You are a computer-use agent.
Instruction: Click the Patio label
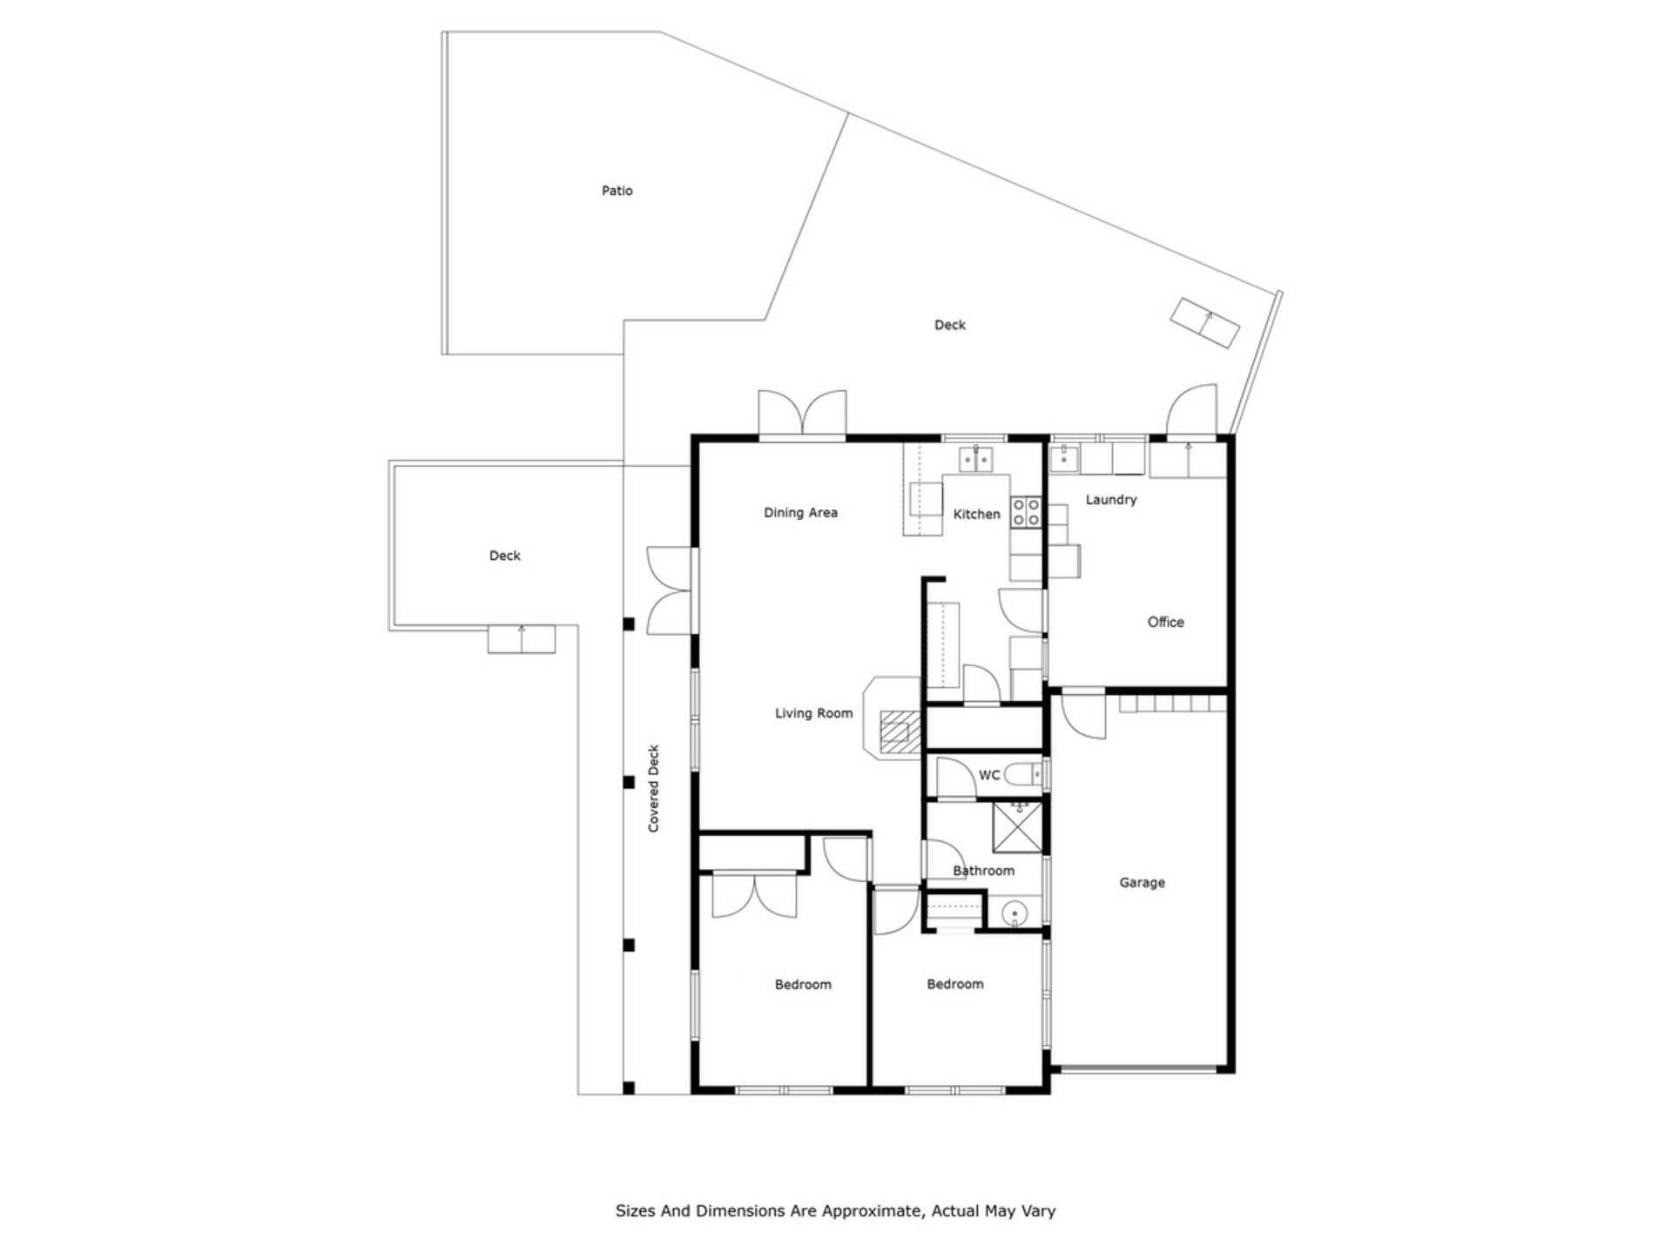pyautogui.click(x=617, y=191)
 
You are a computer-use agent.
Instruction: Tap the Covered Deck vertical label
pyautogui.click(x=654, y=788)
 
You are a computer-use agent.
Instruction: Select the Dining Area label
pyautogui.click(x=800, y=513)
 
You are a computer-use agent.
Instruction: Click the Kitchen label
pyautogui.click(x=976, y=515)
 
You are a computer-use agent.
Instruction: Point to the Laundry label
pyautogui.click(x=1110, y=500)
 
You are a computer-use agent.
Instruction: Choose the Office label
pyautogui.click(x=1165, y=622)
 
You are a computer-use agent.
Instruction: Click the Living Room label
pyautogui.click(x=813, y=713)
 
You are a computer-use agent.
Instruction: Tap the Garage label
pyautogui.click(x=1142, y=882)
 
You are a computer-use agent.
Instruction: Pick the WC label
pyautogui.click(x=989, y=775)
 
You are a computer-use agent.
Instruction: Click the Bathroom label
pyautogui.click(x=983, y=871)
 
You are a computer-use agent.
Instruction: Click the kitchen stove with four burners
pyautogui.click(x=1026, y=512)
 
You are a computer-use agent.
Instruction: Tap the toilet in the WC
pyautogui.click(x=1023, y=773)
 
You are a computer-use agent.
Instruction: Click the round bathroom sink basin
pyautogui.click(x=1015, y=914)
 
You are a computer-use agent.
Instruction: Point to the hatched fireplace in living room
pyautogui.click(x=900, y=731)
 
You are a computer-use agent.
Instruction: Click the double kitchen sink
pyautogui.click(x=976, y=459)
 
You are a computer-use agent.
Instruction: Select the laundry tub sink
pyautogui.click(x=1063, y=458)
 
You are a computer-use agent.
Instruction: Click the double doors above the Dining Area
pyautogui.click(x=802, y=413)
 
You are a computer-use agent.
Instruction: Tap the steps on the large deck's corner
pyautogui.click(x=1205, y=323)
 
